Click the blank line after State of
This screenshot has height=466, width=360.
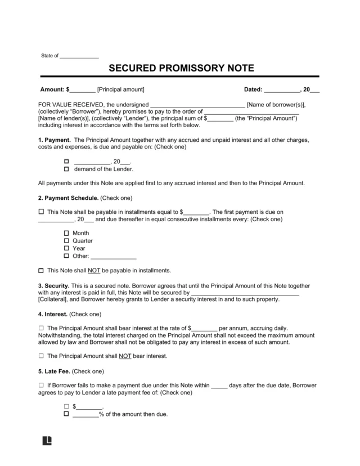coord(79,56)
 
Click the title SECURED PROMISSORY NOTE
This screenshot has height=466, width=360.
coord(180,68)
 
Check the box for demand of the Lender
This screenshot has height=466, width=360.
coord(66,169)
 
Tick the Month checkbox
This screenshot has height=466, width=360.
coord(66,233)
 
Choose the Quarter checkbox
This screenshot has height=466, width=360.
coord(66,240)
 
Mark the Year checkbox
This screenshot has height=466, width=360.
coord(66,248)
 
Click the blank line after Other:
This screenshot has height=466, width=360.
coord(117,256)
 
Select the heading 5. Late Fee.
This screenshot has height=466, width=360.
coord(55,371)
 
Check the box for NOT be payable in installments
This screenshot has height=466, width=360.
coord(40,270)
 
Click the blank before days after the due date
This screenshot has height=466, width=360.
coord(219,386)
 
